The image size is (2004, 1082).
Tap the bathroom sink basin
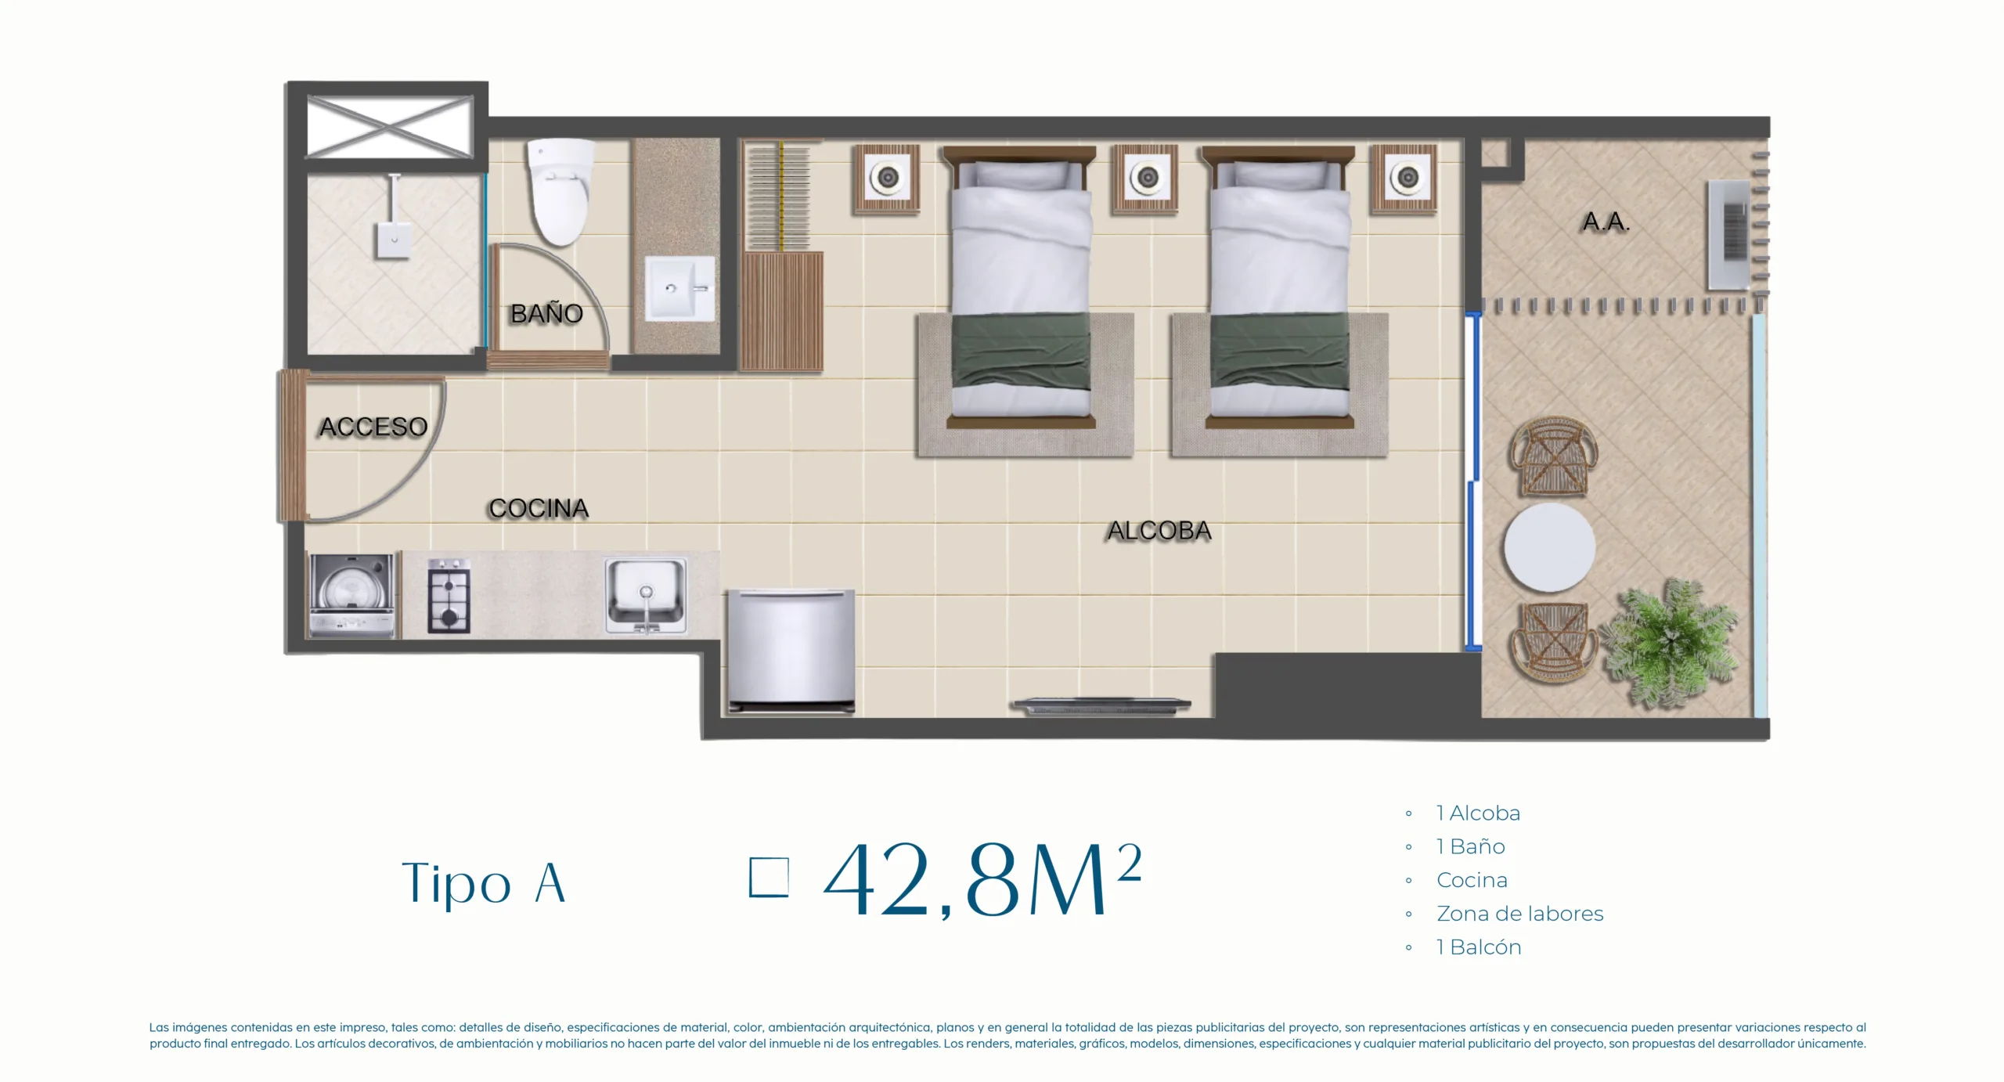[x=679, y=288]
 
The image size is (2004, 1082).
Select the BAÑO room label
[x=546, y=313]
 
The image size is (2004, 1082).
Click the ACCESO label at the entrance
[x=373, y=427]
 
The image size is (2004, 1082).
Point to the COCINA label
[x=539, y=508]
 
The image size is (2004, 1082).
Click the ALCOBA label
[x=1159, y=531]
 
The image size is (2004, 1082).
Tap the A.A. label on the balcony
[x=1606, y=222]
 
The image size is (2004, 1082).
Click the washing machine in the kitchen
[x=352, y=595]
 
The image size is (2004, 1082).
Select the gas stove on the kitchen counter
[x=449, y=595]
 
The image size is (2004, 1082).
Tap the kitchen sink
[x=646, y=595]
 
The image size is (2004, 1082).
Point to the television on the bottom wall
[x=1101, y=705]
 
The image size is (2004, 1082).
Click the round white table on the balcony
[x=1549, y=547]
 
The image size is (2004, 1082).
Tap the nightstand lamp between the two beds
[x=1147, y=178]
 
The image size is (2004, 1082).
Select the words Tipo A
[x=483, y=883]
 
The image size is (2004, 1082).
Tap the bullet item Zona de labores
[x=1519, y=914]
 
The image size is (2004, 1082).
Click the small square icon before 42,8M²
[x=769, y=877]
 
